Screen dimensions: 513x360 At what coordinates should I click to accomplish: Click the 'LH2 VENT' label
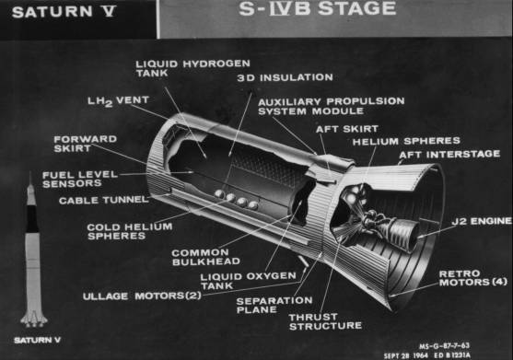[x=119, y=101]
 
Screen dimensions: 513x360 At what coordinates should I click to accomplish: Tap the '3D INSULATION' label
[x=285, y=78]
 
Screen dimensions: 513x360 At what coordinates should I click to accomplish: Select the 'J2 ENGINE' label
[x=482, y=221]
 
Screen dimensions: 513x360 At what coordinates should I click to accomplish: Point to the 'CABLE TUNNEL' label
[x=104, y=200]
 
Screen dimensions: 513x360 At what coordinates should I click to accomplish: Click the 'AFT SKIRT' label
[x=347, y=129]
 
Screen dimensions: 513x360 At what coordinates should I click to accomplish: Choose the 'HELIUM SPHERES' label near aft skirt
[x=406, y=141]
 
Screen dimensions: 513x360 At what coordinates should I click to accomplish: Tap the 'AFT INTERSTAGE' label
[x=449, y=154]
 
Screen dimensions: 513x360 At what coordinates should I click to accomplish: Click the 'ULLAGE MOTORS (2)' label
[x=142, y=296]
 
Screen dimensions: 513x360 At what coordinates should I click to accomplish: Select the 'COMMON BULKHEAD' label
[x=205, y=257]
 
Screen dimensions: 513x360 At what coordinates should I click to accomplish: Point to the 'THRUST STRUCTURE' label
[x=325, y=321]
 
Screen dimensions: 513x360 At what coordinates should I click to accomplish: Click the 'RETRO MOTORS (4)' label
[x=473, y=278]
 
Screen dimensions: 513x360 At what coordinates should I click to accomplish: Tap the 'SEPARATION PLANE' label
[x=274, y=305]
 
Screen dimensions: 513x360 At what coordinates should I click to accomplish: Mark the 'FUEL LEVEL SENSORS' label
[x=80, y=180]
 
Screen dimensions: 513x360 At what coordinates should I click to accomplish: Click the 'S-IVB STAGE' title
[x=317, y=9]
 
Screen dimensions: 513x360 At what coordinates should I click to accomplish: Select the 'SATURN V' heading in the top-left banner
[x=64, y=12]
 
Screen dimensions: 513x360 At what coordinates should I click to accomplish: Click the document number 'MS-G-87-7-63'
[x=444, y=345]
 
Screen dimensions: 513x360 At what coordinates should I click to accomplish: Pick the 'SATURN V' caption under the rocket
[x=37, y=340]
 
